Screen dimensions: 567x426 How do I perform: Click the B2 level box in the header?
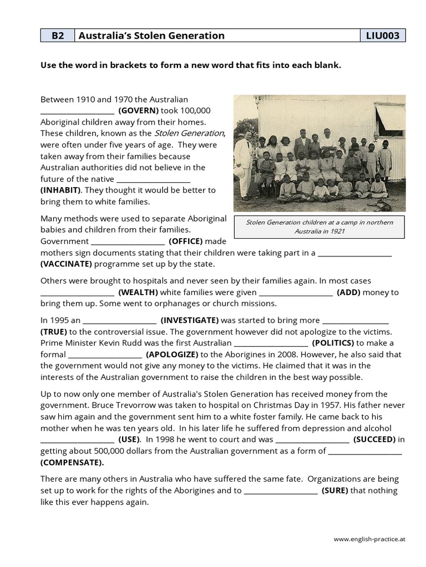(58, 36)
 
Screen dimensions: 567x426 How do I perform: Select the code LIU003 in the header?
(383, 36)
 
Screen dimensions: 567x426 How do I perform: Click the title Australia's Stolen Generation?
(152, 36)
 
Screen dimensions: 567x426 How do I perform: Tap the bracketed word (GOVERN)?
(139, 110)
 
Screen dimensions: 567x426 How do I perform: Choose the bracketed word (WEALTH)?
(138, 292)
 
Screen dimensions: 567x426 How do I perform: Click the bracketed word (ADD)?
(348, 292)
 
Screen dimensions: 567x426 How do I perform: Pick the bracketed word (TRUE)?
(54, 332)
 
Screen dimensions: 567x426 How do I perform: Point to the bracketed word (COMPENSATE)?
(72, 462)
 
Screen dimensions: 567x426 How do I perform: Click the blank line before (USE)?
(77, 440)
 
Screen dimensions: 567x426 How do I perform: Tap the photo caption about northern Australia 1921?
(319, 226)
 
